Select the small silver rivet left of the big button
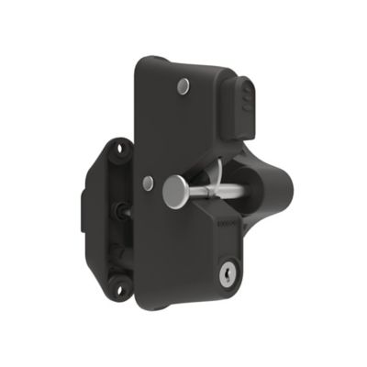click(x=148, y=183)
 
